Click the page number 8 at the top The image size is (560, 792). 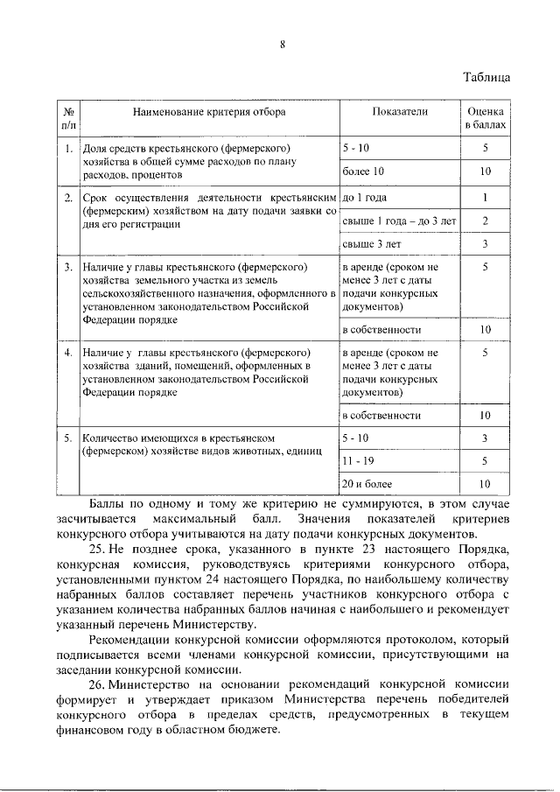tap(283, 46)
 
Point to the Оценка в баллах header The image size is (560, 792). tap(484, 119)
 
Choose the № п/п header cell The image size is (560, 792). tap(67, 119)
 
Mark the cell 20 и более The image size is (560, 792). tap(367, 483)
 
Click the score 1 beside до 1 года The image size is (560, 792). tap(484, 198)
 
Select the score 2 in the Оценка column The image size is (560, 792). tap(484, 221)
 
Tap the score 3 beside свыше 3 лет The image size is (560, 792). tap(484, 244)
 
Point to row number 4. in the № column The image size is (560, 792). tap(67, 353)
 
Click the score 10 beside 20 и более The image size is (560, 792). tap(484, 483)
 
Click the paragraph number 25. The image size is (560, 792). tap(97, 549)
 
